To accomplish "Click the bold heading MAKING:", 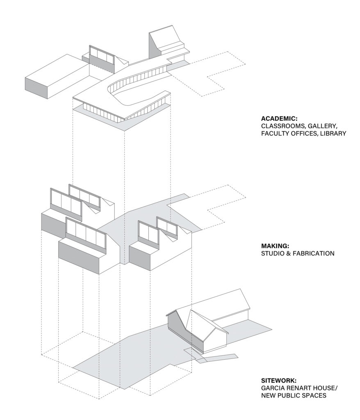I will tap(275, 246).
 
